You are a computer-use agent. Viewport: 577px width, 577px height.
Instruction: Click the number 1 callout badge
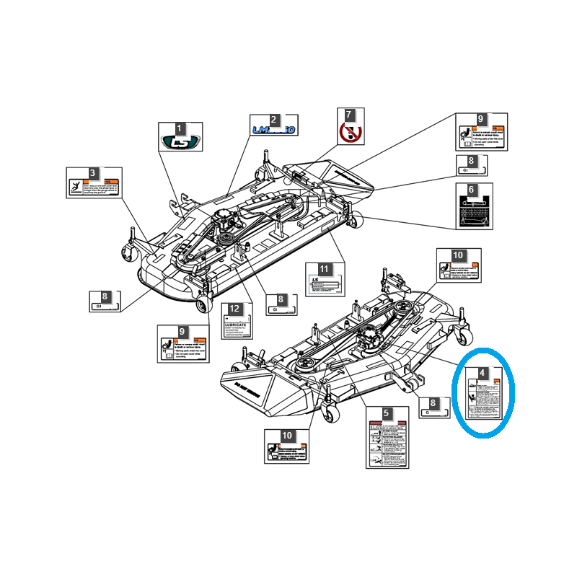[x=180, y=128]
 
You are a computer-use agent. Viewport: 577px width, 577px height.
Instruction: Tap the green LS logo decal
[x=180, y=143]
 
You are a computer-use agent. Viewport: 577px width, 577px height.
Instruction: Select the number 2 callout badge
[x=273, y=120]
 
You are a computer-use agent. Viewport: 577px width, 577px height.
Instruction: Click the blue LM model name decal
[x=273, y=130]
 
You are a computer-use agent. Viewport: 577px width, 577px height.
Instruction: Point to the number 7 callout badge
[x=349, y=115]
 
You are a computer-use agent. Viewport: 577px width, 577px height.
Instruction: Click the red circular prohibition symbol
[x=349, y=132]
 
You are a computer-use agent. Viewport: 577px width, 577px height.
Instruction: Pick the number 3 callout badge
[x=92, y=173]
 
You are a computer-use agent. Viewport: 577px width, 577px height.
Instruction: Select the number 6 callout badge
[x=472, y=189]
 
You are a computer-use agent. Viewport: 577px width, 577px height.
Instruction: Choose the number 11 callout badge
[x=324, y=269]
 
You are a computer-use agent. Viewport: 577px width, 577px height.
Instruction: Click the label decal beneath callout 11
[x=324, y=285]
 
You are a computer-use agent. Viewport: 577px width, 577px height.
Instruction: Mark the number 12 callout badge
[x=234, y=308]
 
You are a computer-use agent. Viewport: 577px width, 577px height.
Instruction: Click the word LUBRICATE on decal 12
[x=235, y=325]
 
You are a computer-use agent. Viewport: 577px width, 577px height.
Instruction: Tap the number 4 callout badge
[x=483, y=374]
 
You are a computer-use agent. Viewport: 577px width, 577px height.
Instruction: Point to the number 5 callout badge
[x=387, y=414]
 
